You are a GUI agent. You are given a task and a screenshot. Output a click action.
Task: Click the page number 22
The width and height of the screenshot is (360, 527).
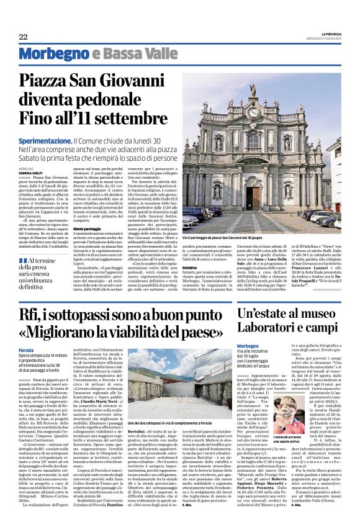(x=23, y=37)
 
